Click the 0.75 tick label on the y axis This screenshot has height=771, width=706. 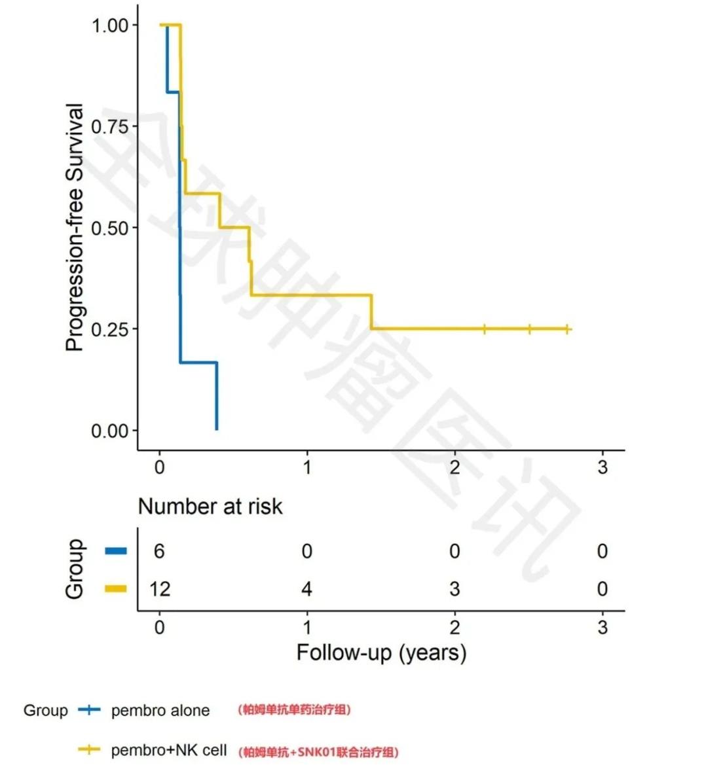[x=110, y=126]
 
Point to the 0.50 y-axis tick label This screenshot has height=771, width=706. [x=110, y=228]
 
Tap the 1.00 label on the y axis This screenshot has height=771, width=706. [x=110, y=25]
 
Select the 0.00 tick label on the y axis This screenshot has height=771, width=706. [x=110, y=431]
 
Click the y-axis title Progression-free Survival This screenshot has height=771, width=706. [x=75, y=227]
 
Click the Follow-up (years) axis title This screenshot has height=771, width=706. [x=381, y=653]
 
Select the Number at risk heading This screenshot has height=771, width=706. [x=210, y=506]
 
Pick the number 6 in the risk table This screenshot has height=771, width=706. [x=159, y=551]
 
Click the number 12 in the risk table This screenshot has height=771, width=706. [x=159, y=589]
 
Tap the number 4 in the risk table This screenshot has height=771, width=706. [x=307, y=589]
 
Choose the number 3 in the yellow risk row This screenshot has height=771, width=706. [x=455, y=589]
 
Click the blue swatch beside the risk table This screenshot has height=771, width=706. [x=116, y=551]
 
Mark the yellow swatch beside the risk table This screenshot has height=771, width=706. [x=116, y=589]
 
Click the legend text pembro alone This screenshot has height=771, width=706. [x=160, y=711]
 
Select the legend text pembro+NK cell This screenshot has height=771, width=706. [x=169, y=750]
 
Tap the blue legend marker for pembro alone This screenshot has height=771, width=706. [x=89, y=710]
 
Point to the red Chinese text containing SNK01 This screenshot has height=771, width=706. [x=318, y=751]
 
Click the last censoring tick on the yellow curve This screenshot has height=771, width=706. [x=567, y=329]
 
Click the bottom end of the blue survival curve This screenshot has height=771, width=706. [x=217, y=429]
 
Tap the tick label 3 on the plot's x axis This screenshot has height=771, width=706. [x=603, y=467]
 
